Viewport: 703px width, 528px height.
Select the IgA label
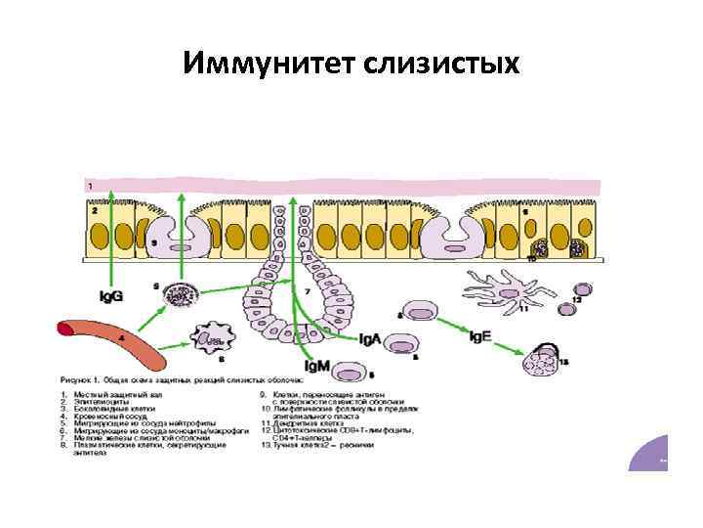[x=369, y=339]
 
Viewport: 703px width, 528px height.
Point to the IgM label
[x=316, y=366]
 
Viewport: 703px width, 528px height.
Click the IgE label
[x=479, y=336]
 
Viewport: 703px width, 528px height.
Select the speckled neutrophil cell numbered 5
[x=179, y=294]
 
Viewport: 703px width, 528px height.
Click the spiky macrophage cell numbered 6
[x=212, y=339]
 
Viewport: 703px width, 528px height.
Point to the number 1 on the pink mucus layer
[x=90, y=185]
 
